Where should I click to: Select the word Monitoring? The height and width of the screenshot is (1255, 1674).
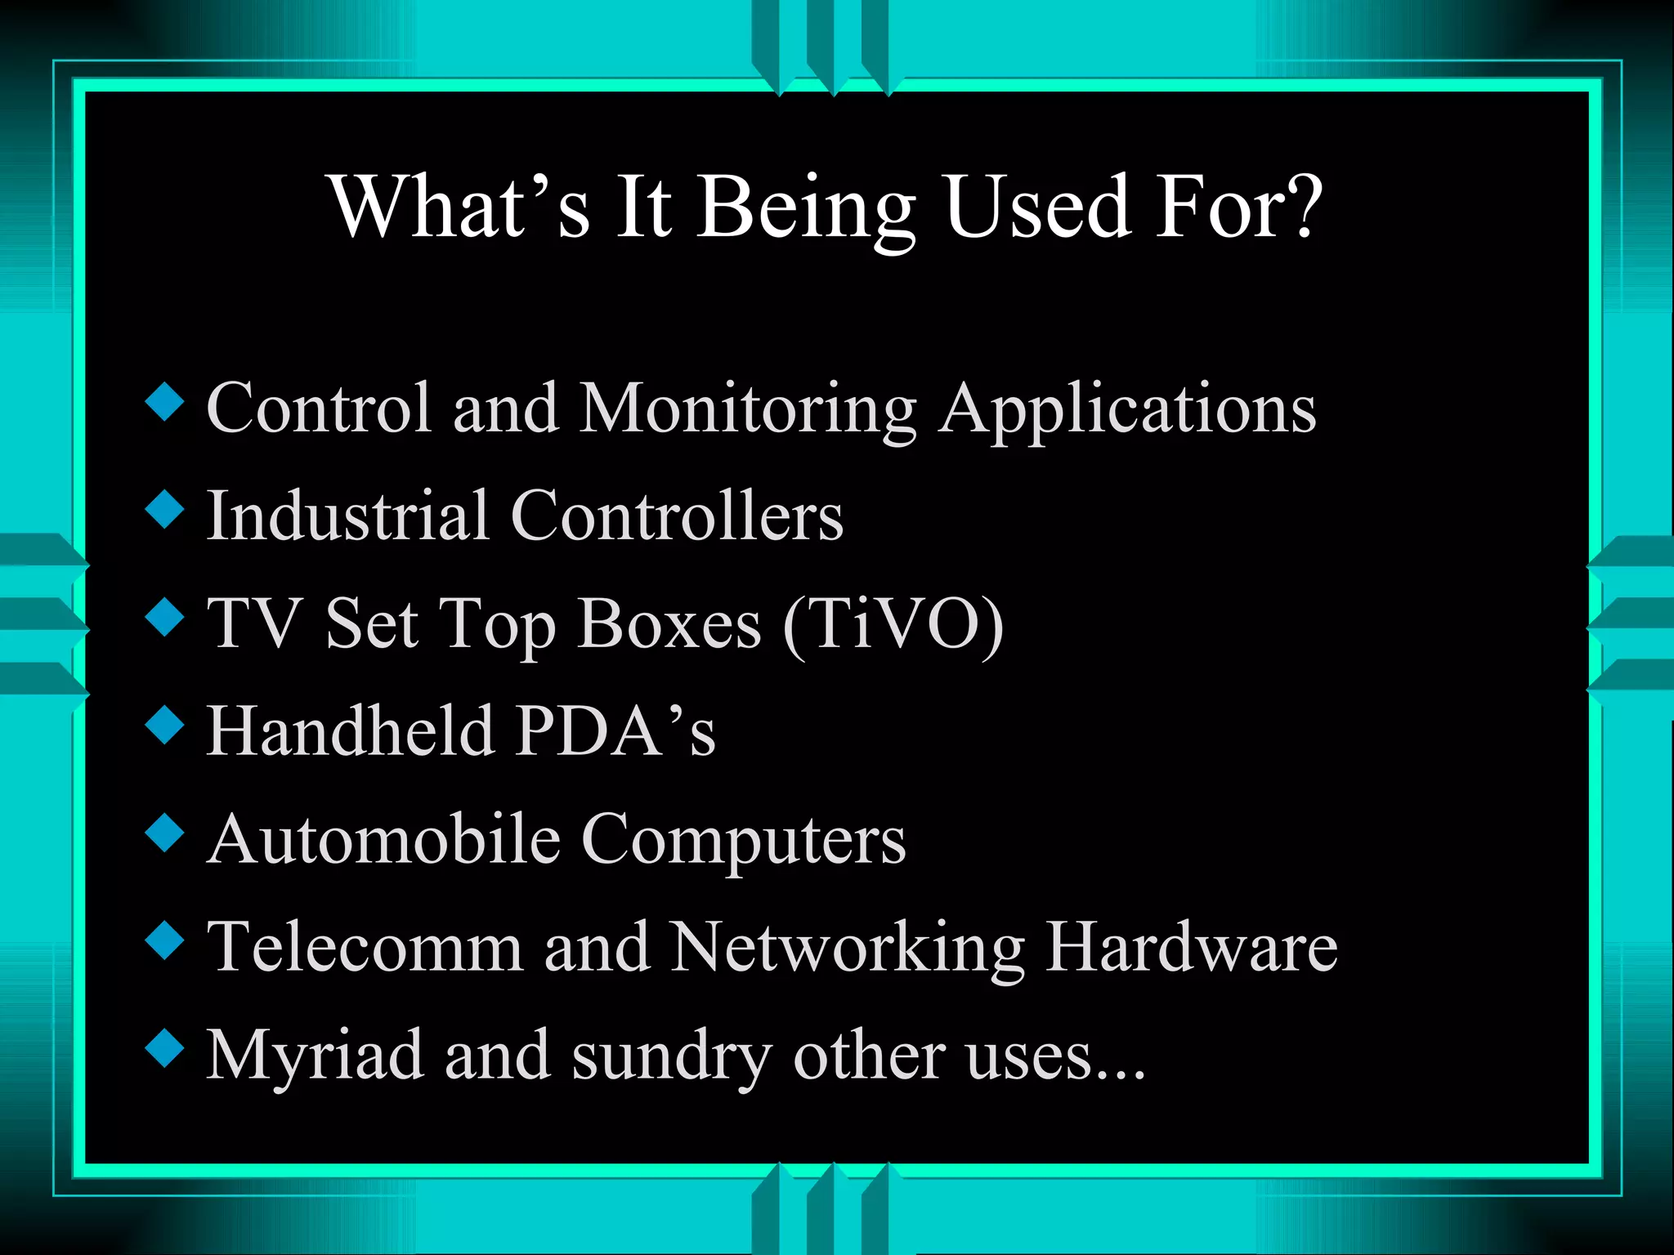pos(747,409)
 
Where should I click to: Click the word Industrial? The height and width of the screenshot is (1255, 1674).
pos(347,516)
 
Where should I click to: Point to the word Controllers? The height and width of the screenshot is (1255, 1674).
pos(677,516)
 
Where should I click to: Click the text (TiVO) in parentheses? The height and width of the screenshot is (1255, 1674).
pos(893,625)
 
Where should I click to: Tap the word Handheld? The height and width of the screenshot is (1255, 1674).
pos(350,730)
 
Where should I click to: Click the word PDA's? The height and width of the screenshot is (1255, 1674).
pos(615,730)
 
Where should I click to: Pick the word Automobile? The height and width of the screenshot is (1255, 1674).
pos(383,839)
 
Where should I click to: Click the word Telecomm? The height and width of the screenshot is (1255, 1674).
pos(365,947)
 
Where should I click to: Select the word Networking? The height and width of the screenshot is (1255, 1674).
pos(847,949)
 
